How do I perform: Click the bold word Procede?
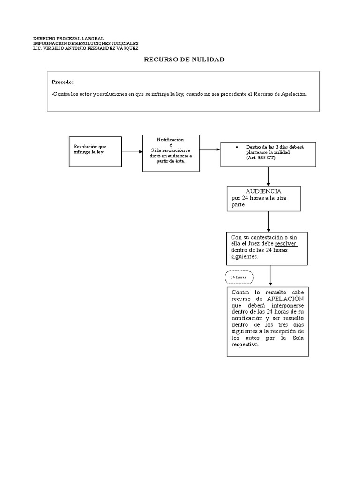[63, 82]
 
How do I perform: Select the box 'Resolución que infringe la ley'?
[95, 151]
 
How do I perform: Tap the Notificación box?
[171, 153]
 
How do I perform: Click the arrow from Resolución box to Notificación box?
[132, 151]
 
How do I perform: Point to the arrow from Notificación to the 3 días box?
[210, 150]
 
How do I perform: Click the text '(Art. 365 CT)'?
[261, 158]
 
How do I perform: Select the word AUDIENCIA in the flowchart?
[263, 191]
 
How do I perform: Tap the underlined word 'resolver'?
[286, 244]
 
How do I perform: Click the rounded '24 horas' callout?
[239, 277]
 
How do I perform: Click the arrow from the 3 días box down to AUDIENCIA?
[268, 176]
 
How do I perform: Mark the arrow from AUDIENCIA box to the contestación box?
[268, 221]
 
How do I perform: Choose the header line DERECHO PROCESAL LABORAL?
[68, 38]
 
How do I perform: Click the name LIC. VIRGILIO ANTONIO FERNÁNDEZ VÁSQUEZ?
[86, 48]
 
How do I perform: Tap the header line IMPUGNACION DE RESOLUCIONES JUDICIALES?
[86, 43]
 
